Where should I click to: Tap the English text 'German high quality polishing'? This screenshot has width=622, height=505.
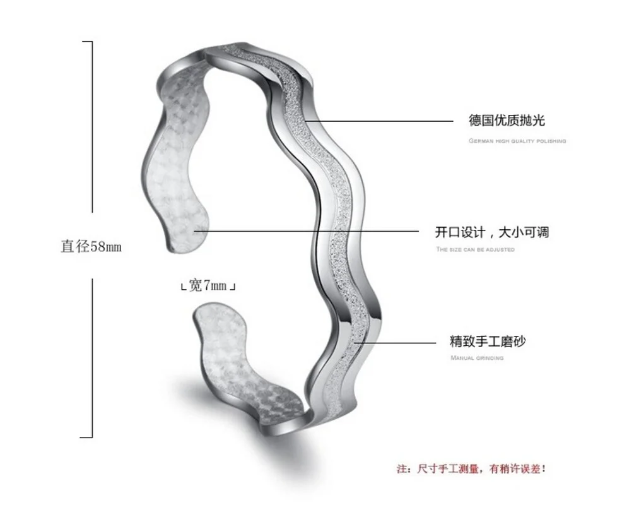(517, 141)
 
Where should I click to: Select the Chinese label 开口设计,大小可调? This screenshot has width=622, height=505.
(492, 232)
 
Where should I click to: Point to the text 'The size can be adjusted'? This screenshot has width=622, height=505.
(475, 249)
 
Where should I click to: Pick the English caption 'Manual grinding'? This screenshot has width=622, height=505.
(477, 358)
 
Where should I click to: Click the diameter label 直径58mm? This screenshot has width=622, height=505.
(91, 247)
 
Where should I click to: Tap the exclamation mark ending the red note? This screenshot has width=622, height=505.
(543, 469)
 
